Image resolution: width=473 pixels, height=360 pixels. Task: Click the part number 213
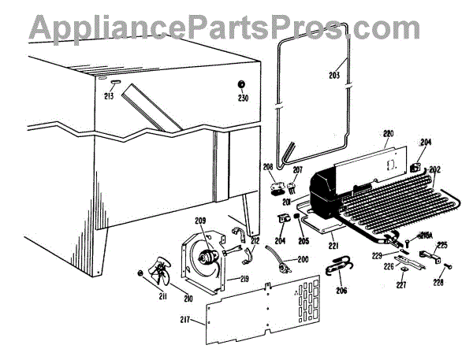tap(109, 97)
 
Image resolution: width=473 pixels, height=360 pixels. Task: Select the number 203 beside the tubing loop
tap(334, 76)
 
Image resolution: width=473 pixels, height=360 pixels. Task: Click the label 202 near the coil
tap(434, 168)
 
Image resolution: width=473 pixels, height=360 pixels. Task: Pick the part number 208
tap(268, 168)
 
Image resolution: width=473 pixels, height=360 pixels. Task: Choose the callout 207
tap(297, 169)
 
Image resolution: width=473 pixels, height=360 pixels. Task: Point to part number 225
tap(441, 246)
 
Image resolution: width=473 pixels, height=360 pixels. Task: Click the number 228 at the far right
tap(438, 281)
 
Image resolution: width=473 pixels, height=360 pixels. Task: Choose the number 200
tap(304, 259)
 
